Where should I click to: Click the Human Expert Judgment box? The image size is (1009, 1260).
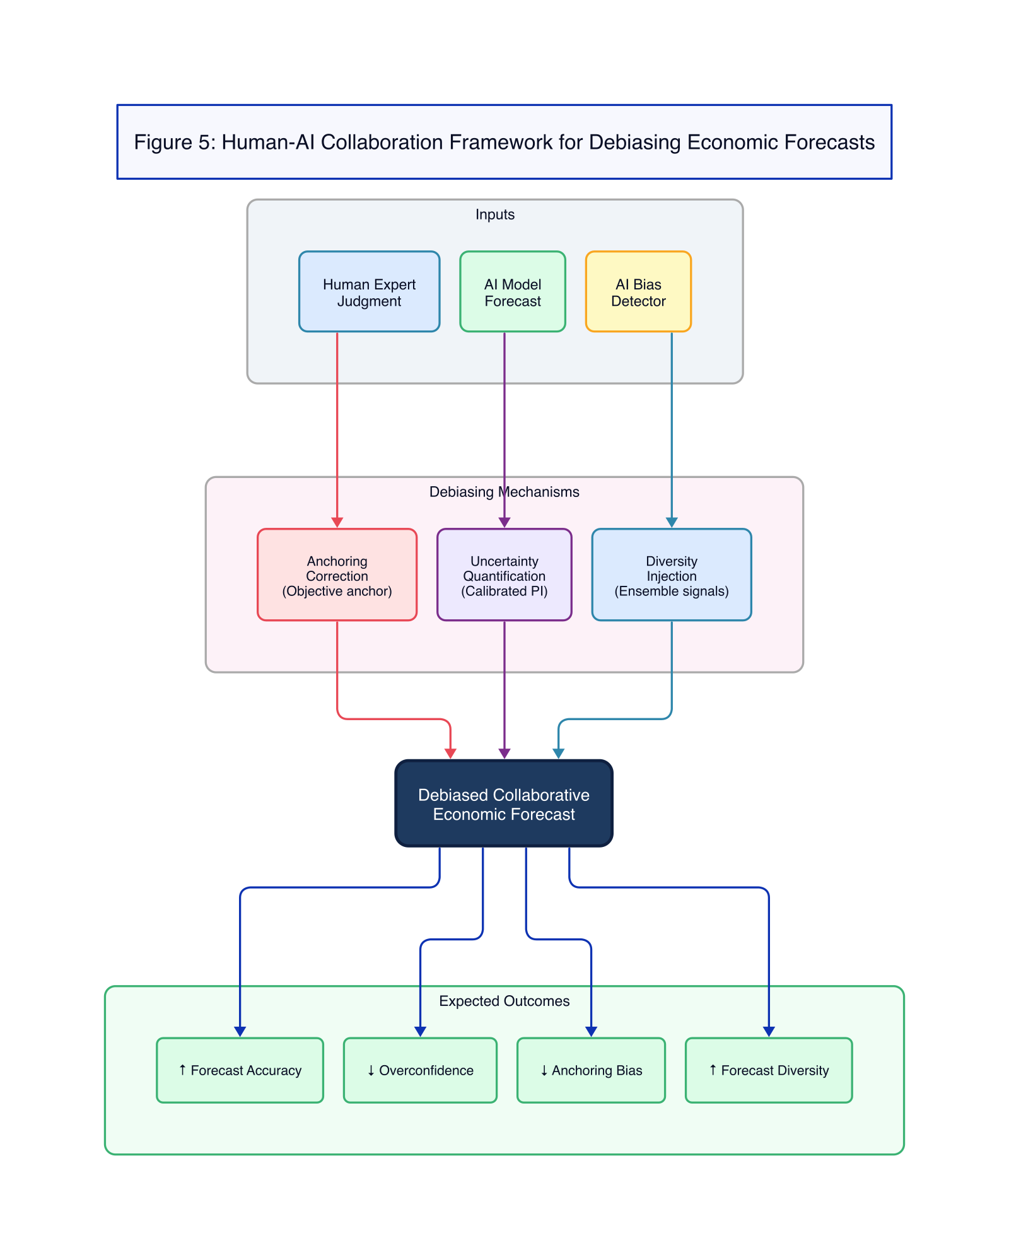click(369, 292)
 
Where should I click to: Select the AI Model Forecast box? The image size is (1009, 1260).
click(512, 292)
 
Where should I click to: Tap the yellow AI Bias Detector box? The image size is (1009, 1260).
click(638, 292)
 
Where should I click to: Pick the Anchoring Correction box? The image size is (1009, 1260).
click(337, 575)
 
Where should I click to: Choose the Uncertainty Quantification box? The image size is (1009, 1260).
click(504, 575)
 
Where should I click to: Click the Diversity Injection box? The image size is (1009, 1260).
click(671, 575)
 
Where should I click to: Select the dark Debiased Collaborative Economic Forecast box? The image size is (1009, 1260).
click(503, 803)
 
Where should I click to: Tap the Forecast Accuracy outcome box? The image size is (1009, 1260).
click(240, 1070)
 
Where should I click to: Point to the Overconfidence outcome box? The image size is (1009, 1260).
click(420, 1070)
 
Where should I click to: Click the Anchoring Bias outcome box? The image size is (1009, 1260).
click(591, 1070)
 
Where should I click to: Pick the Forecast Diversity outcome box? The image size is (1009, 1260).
click(768, 1070)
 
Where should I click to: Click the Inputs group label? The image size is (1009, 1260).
click(494, 214)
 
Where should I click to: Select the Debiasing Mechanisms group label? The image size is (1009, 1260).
click(504, 492)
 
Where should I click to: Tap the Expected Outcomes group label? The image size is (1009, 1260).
click(504, 1001)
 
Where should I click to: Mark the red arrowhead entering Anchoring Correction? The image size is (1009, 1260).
click(337, 522)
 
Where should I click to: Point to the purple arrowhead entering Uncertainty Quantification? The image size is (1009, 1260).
click(504, 522)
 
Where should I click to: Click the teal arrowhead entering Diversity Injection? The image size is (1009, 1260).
click(672, 522)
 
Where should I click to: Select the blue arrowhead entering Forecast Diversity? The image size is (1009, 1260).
click(769, 1031)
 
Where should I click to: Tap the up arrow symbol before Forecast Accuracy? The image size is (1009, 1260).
click(182, 1070)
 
